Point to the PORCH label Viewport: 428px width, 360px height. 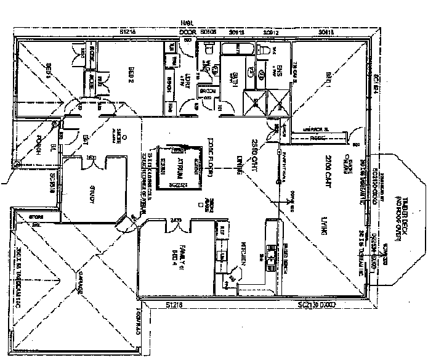pyautogui.click(x=38, y=146)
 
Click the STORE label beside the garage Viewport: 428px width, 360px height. pyautogui.click(x=25, y=216)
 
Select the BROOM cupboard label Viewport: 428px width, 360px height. pyautogui.click(x=207, y=92)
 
